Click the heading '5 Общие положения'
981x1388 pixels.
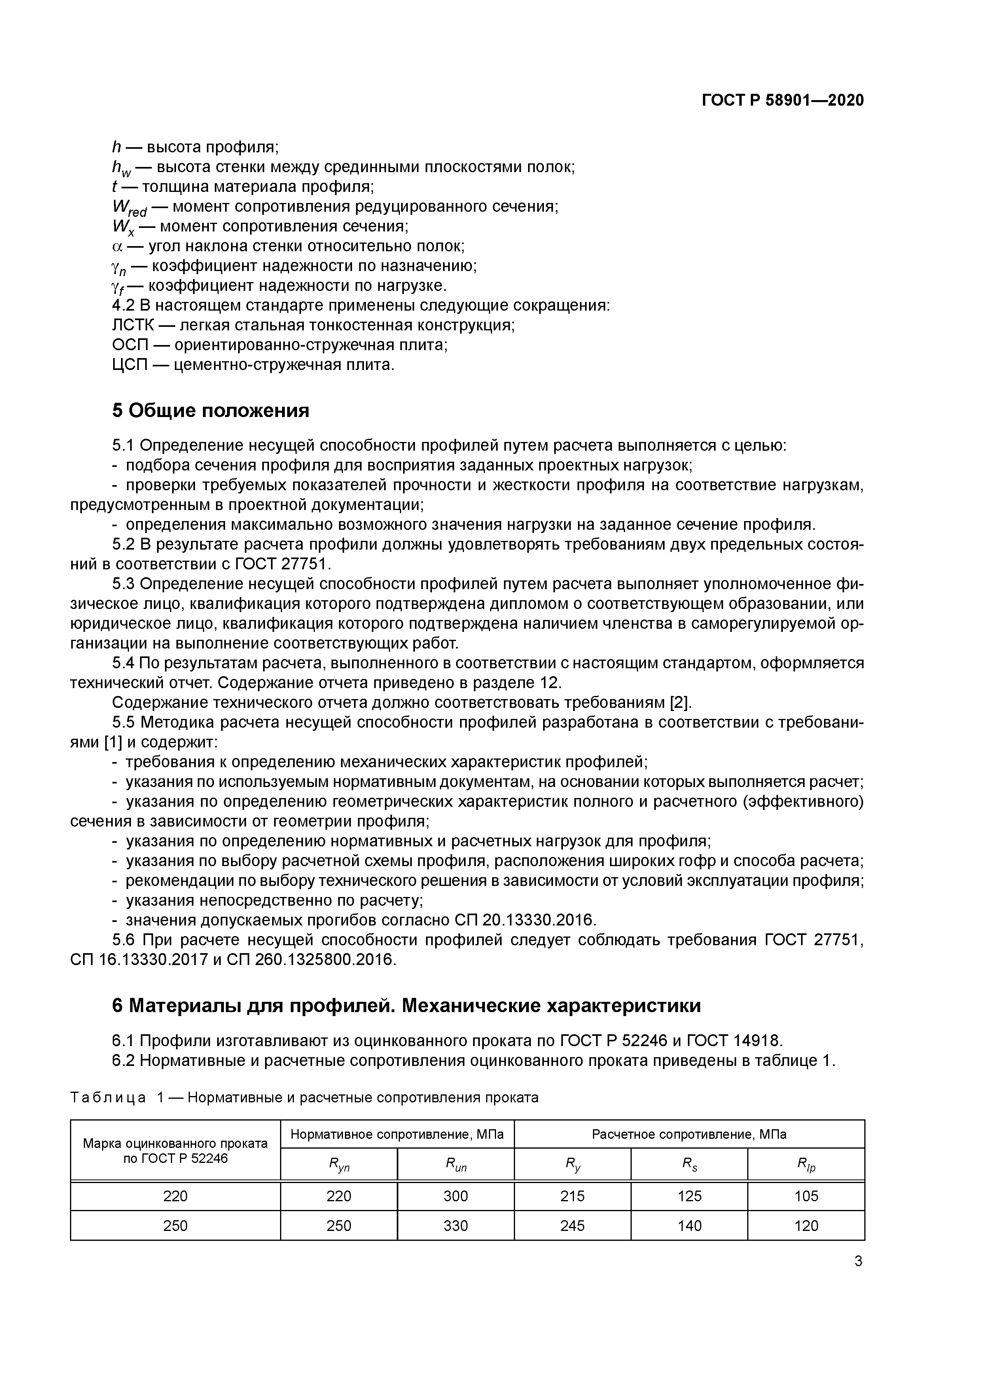pos(210,410)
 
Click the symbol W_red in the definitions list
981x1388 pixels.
pos(129,207)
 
